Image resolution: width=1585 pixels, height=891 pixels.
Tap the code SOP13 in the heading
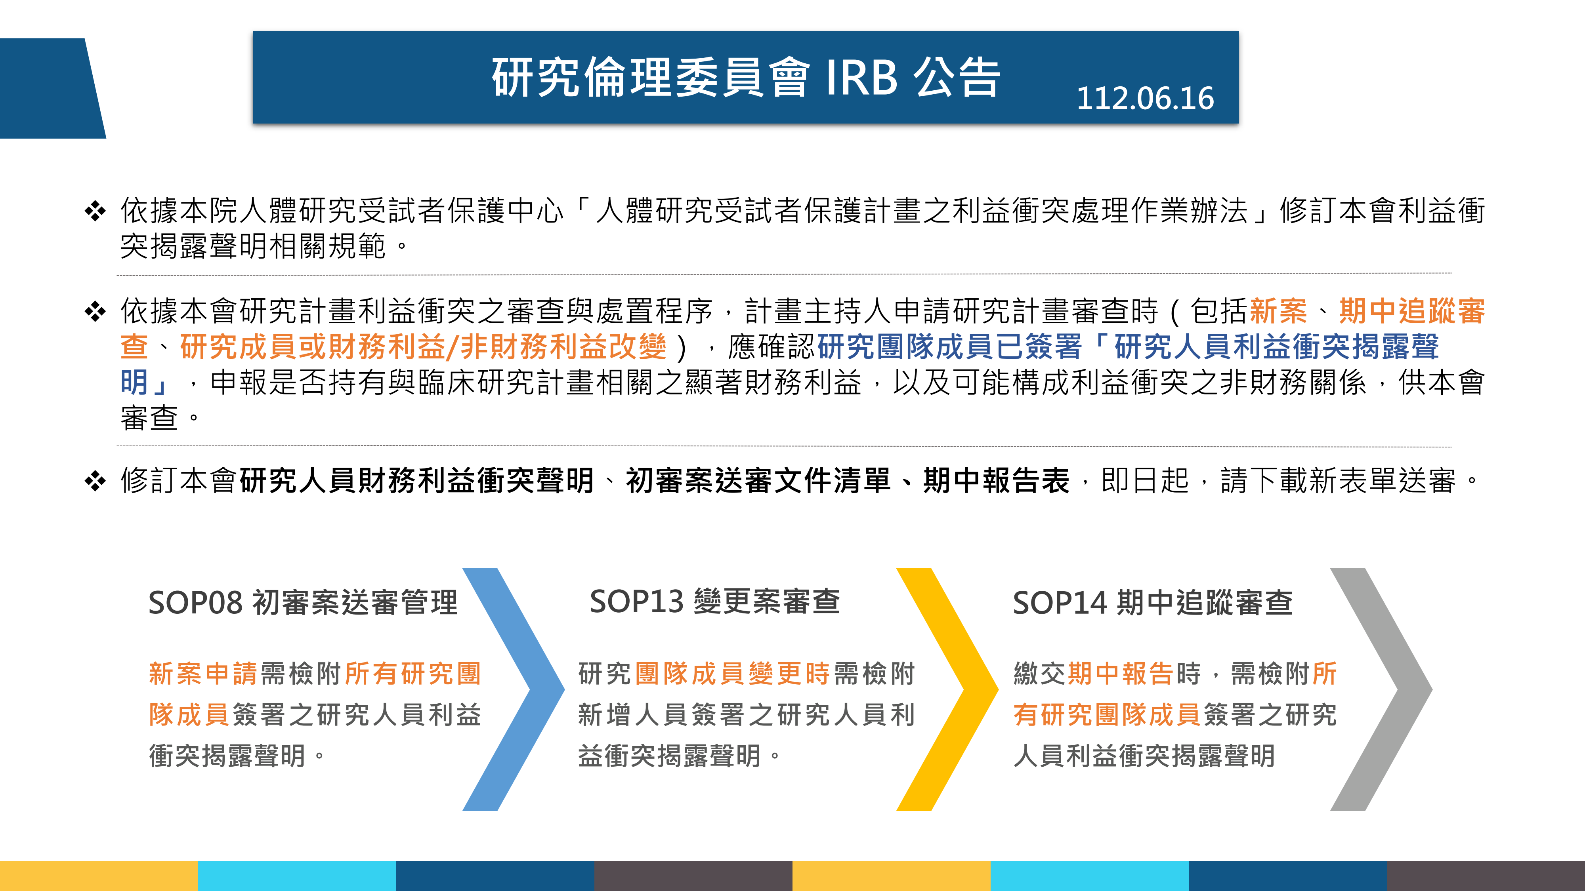pos(636,602)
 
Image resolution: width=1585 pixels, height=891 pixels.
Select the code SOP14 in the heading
pos(1060,603)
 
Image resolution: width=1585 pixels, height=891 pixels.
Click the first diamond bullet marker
pos(95,211)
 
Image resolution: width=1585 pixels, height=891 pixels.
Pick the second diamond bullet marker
pos(95,311)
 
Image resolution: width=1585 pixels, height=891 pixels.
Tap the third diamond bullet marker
pos(95,481)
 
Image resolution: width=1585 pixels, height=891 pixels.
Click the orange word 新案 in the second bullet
pos(1279,311)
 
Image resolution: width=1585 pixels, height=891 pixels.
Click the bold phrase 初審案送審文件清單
pos(758,481)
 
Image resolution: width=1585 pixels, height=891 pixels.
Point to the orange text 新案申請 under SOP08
pos(203,674)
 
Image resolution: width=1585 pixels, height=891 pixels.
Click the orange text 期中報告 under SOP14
pos(1121,674)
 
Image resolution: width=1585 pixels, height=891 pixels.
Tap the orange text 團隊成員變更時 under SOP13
pos(732,674)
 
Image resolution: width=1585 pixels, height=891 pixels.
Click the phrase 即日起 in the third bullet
pos(1144,481)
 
